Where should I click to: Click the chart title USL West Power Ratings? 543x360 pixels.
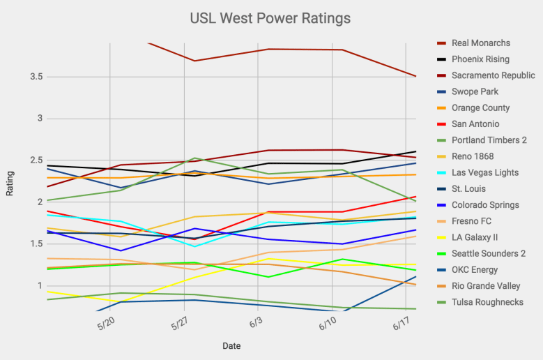click(270, 17)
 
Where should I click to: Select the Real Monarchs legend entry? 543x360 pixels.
click(481, 43)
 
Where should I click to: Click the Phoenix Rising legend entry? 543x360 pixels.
click(480, 59)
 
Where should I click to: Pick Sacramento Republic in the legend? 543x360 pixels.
click(493, 75)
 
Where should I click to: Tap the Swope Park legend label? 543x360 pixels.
click(475, 91)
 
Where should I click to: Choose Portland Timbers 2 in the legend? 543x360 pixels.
click(489, 140)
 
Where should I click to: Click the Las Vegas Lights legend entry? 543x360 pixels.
click(486, 172)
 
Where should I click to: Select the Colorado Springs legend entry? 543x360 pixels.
click(485, 205)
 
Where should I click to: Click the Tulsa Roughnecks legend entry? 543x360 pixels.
click(487, 302)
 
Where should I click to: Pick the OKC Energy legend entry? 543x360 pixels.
click(475, 270)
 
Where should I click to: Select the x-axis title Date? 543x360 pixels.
click(232, 346)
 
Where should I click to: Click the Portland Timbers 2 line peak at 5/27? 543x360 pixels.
click(196, 158)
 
